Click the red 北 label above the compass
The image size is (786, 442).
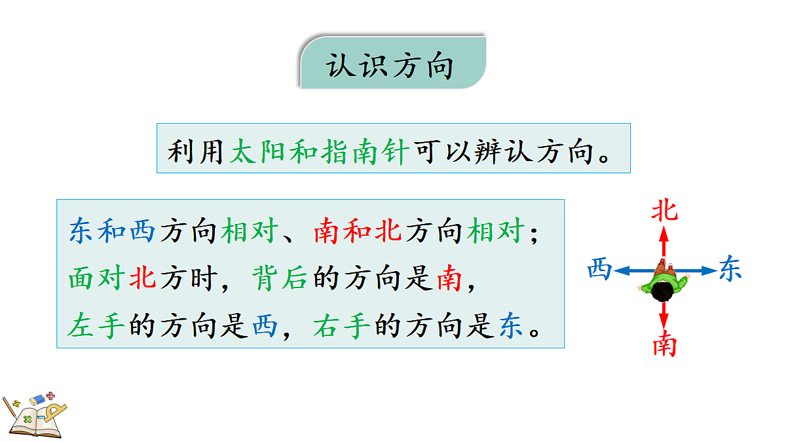coord(664,211)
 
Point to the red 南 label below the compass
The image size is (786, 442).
coord(664,344)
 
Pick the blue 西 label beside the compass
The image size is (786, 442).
coord(599,269)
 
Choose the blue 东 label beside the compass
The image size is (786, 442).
coord(730,269)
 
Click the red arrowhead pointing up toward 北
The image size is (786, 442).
coord(664,232)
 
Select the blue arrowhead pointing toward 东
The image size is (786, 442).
coord(711,270)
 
